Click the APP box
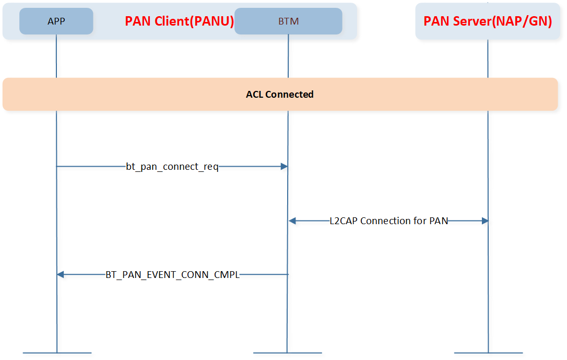click(x=56, y=21)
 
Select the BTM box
click(x=288, y=21)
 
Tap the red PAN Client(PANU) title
click(x=180, y=21)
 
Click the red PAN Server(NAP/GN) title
click(x=488, y=21)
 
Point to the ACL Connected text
click(x=279, y=95)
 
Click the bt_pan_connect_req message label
click(x=172, y=167)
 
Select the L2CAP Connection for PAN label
click(x=389, y=220)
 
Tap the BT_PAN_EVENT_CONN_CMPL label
click(x=172, y=275)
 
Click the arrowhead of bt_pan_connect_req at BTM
click(x=284, y=167)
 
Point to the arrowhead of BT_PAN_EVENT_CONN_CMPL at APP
click(x=61, y=275)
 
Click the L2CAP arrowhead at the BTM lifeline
click(x=292, y=220)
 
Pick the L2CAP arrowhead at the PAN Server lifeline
click(x=485, y=220)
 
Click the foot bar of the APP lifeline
click(x=57, y=353)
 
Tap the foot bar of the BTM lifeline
click(x=288, y=353)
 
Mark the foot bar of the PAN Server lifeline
click(x=489, y=353)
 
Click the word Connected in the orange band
click(x=289, y=95)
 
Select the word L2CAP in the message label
click(x=344, y=220)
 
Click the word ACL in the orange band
click(x=254, y=95)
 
